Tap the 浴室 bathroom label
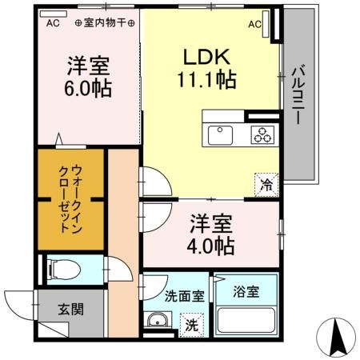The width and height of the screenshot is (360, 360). pos(245,293)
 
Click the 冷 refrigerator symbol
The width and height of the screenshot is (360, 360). pos(266,182)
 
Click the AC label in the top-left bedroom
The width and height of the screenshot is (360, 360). pos(53,23)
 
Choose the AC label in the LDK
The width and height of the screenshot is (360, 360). pos(254,24)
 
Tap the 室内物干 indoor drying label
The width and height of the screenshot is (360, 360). pos(103,23)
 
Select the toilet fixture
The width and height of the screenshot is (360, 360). pos(62,269)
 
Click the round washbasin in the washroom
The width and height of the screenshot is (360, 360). pos(156,324)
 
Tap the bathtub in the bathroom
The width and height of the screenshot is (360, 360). pos(245,322)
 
